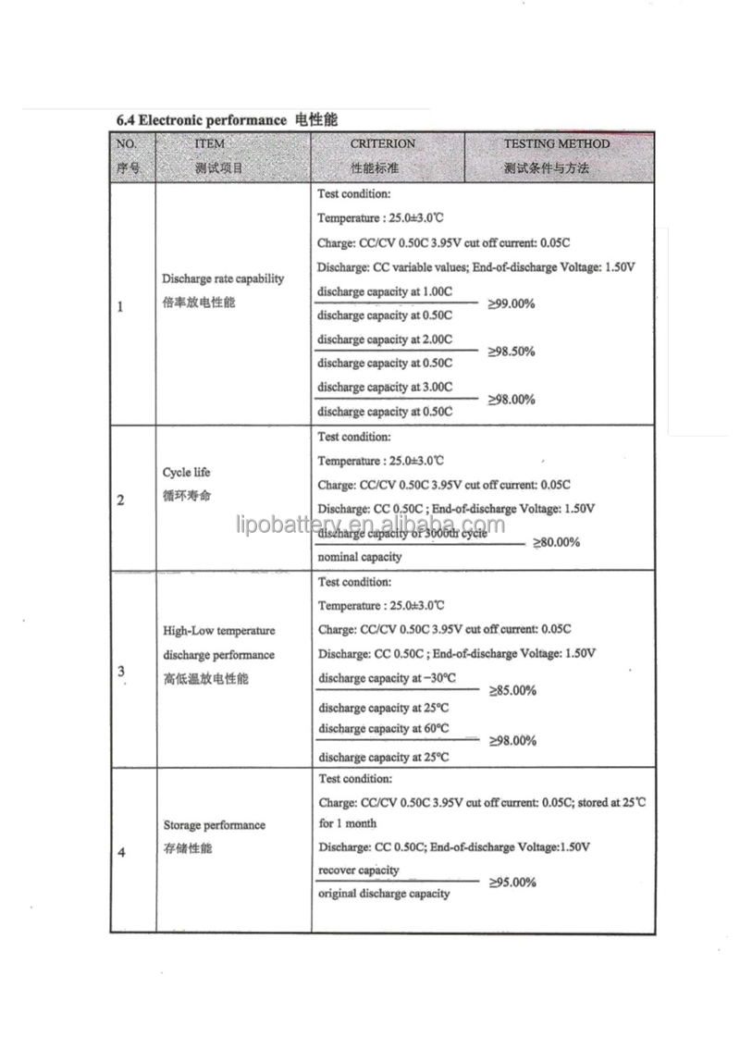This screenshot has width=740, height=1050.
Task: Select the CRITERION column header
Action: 382,144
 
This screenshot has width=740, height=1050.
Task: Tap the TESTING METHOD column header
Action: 556,144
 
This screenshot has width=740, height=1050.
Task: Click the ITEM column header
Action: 210,144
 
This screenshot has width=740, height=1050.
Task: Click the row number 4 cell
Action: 122,853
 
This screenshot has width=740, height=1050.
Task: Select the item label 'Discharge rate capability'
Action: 223,278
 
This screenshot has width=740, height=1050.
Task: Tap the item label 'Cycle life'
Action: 187,472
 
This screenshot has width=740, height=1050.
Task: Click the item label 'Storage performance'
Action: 214,825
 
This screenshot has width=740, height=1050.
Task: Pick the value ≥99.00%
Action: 512,303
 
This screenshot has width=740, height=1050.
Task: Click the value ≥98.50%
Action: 512,352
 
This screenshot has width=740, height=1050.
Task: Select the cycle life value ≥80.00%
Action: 556,542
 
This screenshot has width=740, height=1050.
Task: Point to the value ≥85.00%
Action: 512,690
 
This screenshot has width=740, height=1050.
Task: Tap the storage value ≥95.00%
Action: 512,883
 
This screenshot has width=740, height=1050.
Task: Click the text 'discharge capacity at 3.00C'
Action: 385,387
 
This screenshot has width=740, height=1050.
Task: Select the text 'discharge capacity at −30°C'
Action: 388,678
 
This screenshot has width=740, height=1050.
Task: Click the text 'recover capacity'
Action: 359,870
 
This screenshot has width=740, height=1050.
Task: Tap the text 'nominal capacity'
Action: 360,557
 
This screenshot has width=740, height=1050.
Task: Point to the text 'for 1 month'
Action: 348,823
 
